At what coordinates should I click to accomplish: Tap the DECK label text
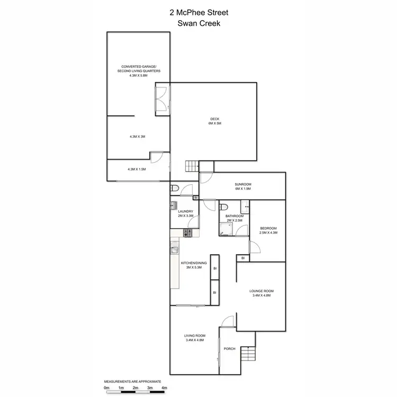(x=214, y=120)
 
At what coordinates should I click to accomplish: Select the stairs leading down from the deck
(x=192, y=166)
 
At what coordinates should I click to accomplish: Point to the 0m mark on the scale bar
(x=106, y=388)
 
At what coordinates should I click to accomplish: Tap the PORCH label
(x=230, y=349)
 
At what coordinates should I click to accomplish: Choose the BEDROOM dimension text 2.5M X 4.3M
(x=268, y=233)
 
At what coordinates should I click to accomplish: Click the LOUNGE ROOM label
(x=260, y=291)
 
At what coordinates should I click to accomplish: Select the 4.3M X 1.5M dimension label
(x=137, y=169)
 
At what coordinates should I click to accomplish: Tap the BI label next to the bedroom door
(x=243, y=258)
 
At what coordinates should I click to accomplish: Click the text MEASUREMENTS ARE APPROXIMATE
(x=132, y=381)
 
